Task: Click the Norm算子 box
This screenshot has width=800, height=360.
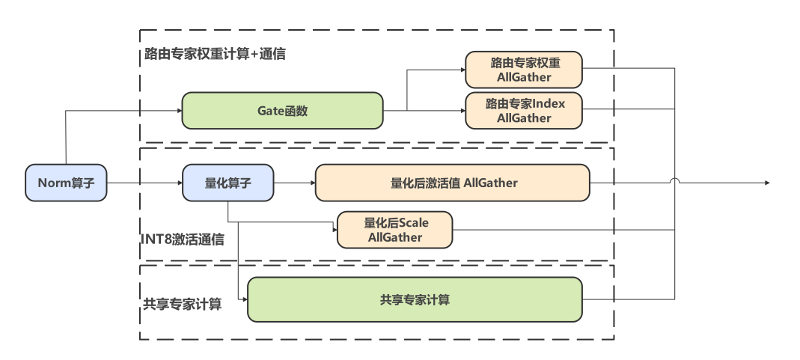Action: point(66,183)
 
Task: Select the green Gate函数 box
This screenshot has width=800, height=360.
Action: point(282,111)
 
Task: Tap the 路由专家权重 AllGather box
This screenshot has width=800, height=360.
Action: point(523,69)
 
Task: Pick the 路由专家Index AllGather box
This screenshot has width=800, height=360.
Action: point(523,111)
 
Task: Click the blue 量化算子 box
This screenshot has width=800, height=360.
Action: point(228,183)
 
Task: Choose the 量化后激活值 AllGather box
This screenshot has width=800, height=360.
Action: point(453,183)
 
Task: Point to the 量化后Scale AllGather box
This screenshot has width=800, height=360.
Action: point(394,230)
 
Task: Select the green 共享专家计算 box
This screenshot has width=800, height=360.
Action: point(415,299)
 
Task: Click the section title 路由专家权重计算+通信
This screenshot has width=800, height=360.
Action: point(215,54)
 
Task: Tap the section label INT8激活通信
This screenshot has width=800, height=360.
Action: point(183,240)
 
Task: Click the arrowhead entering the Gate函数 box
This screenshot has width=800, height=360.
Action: point(180,111)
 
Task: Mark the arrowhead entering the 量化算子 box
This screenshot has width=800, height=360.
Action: point(180,183)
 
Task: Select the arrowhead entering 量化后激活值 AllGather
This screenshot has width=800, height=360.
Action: point(312,183)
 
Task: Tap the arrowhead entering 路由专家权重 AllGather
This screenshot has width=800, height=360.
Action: point(462,69)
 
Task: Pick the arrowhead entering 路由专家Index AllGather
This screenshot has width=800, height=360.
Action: point(462,111)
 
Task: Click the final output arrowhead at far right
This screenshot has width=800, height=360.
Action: point(766,183)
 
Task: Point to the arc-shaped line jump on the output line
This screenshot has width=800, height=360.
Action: point(675,180)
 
